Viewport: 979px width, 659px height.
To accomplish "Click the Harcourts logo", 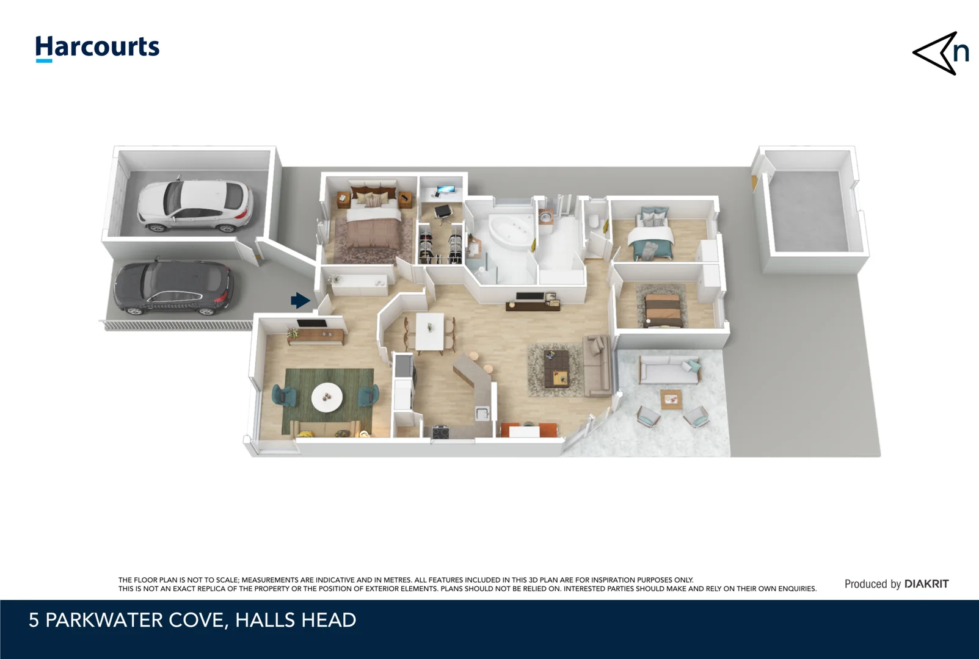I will click(97, 48).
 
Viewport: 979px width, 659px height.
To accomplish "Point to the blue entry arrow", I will click(300, 300).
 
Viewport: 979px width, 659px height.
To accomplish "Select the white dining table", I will click(430, 332).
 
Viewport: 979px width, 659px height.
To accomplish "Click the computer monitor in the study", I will click(445, 189).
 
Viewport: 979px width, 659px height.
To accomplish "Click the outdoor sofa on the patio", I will click(669, 370).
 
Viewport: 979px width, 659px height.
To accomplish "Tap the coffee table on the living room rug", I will click(557, 368).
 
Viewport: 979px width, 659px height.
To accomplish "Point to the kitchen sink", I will click(482, 413).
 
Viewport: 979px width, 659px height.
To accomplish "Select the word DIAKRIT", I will click(926, 584).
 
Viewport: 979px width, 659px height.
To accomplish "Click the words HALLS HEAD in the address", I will click(296, 621).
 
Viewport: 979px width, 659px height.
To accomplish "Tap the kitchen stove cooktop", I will click(442, 432).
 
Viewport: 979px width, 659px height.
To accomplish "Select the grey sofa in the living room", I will click(596, 366).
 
